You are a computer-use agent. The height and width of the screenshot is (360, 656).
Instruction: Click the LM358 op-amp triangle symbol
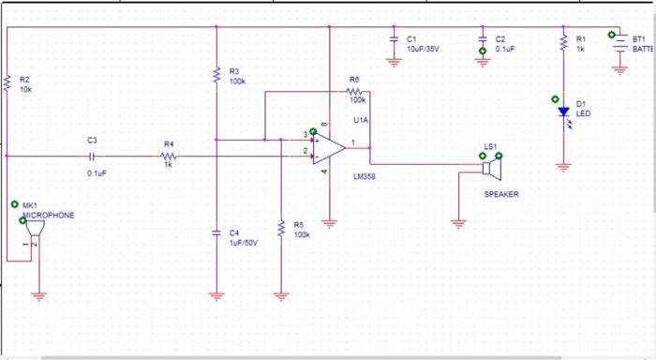coord(329,144)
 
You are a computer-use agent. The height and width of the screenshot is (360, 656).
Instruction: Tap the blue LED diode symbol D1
coord(563,112)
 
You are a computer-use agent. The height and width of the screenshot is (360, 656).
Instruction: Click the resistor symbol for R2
coord(7,84)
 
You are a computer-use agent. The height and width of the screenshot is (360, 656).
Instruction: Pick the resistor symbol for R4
coord(169,156)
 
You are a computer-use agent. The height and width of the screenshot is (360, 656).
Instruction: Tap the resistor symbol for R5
coord(280,230)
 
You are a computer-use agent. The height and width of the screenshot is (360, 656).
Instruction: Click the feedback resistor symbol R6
coord(355,91)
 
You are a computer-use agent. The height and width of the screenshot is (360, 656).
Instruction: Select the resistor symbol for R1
coord(563,43)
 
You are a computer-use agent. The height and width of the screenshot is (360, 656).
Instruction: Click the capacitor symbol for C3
coord(92,156)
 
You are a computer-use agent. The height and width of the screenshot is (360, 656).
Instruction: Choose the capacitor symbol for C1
coord(395,40)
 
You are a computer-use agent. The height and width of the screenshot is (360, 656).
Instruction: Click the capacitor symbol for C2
coord(483,40)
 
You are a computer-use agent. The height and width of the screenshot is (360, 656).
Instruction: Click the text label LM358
coord(365,175)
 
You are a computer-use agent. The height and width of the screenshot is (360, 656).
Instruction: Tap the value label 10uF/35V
coord(423,48)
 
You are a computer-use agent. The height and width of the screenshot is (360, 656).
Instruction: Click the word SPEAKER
coord(500,194)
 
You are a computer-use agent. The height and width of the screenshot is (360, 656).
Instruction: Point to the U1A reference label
coord(361,121)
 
